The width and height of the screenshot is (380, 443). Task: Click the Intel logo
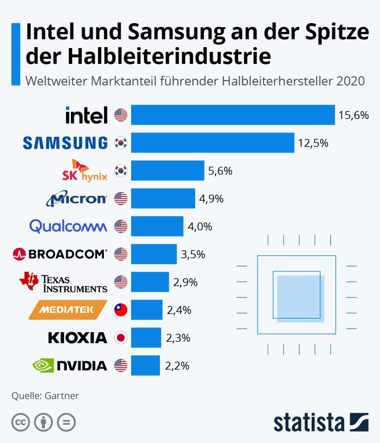coord(86,115)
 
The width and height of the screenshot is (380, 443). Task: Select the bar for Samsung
coord(213,143)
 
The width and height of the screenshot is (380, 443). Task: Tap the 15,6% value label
coord(354,115)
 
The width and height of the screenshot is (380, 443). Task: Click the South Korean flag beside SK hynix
coord(120,170)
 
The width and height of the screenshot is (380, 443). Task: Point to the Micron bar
coord(163,199)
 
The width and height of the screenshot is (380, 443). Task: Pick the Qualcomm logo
coord(68,226)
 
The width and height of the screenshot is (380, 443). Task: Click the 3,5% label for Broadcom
coord(193,254)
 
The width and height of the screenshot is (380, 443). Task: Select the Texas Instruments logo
coord(63,282)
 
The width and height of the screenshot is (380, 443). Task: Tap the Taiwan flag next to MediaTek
coord(120,310)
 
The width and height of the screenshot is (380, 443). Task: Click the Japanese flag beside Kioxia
coord(120,337)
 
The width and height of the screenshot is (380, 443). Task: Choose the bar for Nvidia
coord(145,366)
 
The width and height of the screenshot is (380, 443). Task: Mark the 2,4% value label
coord(179,310)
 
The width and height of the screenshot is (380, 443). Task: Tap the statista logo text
coord(309,422)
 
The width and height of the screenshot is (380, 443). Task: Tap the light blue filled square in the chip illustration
coord(301,299)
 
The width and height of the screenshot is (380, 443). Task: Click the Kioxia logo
coord(77,337)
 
